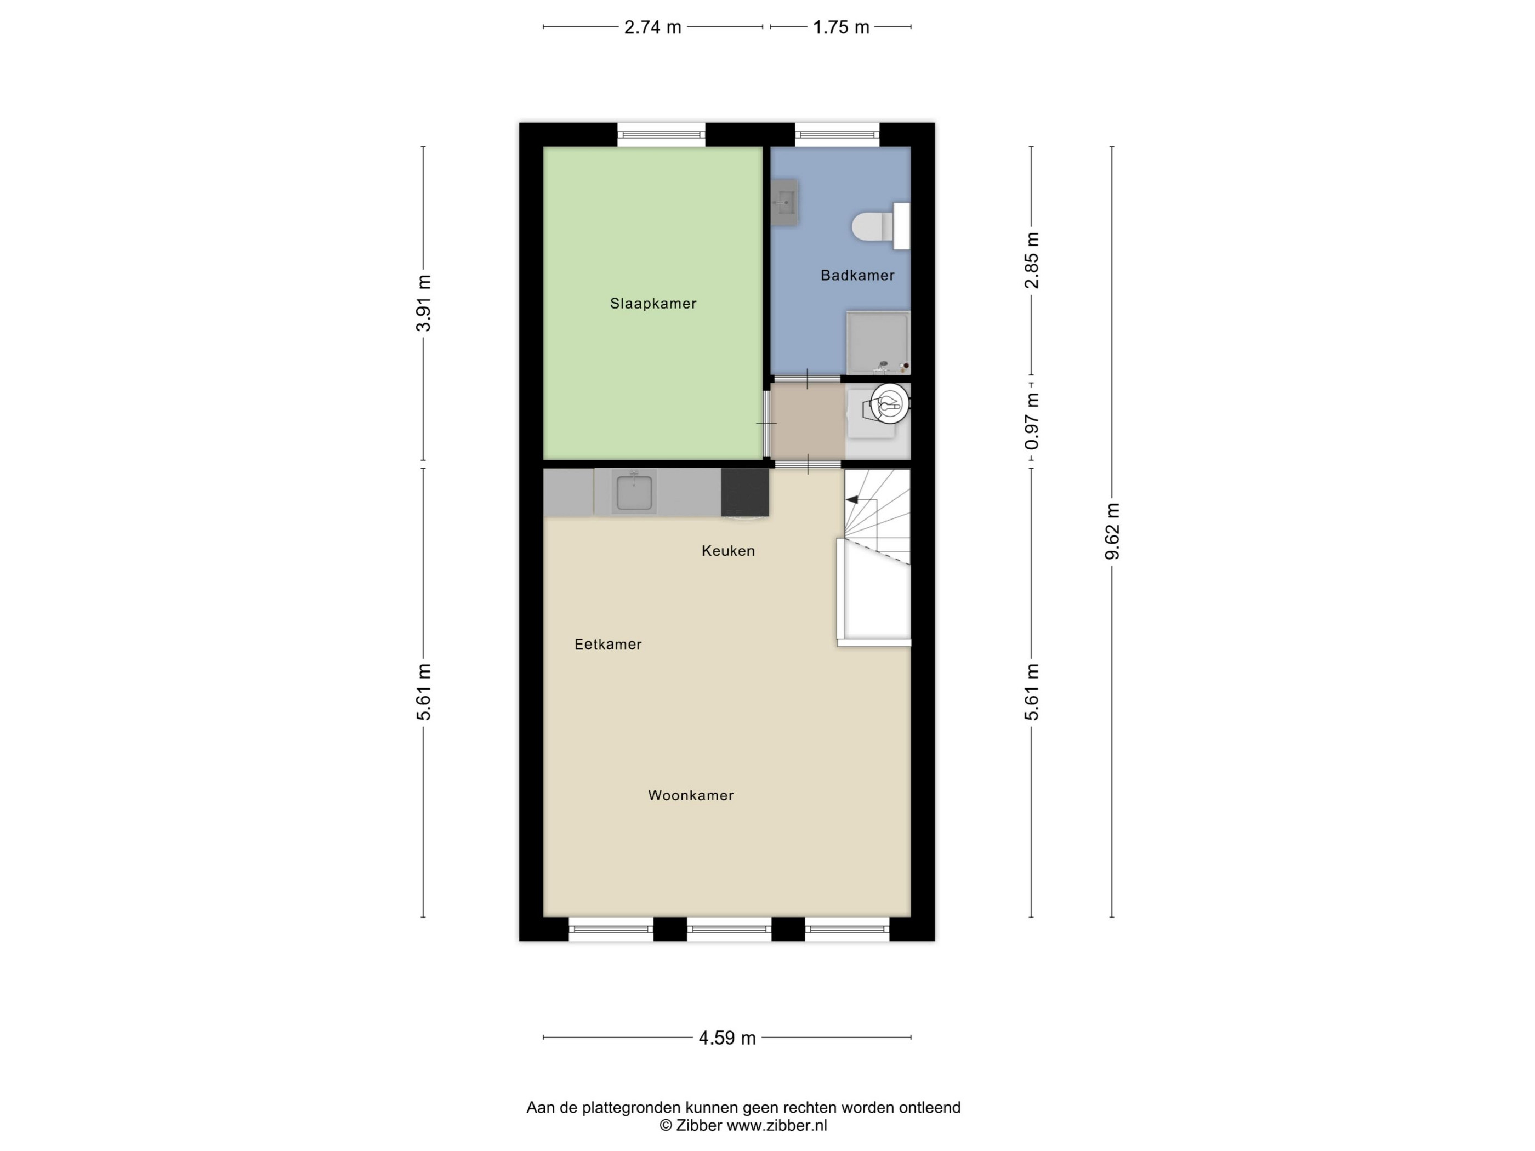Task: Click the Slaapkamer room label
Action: point(653,303)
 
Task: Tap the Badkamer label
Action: point(858,276)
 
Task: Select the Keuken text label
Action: point(728,551)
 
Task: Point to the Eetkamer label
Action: point(608,645)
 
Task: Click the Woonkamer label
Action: point(691,795)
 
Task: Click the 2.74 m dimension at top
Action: point(653,27)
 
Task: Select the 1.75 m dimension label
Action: point(841,27)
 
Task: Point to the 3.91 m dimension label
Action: point(423,303)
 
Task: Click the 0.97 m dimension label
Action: point(1032,421)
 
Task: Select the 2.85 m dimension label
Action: point(1032,260)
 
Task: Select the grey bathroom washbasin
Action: point(785,202)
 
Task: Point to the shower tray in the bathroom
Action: point(878,343)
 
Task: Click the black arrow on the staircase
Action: point(851,499)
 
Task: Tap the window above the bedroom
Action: point(661,135)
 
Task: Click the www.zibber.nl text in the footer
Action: point(776,1125)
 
